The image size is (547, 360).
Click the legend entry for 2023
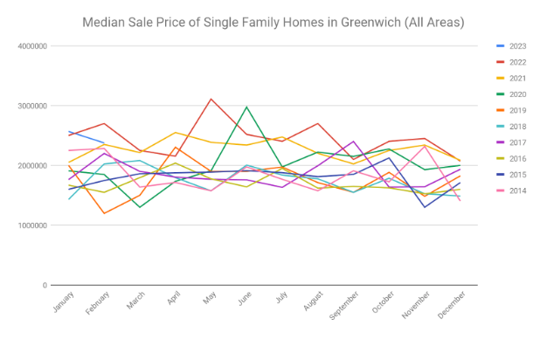point(516,45)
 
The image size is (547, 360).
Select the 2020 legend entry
point(516,93)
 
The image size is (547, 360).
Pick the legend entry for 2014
point(516,190)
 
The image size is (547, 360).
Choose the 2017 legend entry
point(516,142)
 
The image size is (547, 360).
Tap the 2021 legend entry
point(516,78)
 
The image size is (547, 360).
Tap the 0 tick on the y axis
point(43,286)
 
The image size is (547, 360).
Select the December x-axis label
point(449,309)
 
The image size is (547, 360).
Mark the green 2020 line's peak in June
point(247,107)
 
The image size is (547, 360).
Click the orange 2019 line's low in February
point(105,213)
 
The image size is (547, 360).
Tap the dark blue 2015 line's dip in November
point(425,207)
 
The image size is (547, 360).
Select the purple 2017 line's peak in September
point(354,142)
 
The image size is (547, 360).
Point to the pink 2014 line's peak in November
point(425,146)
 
